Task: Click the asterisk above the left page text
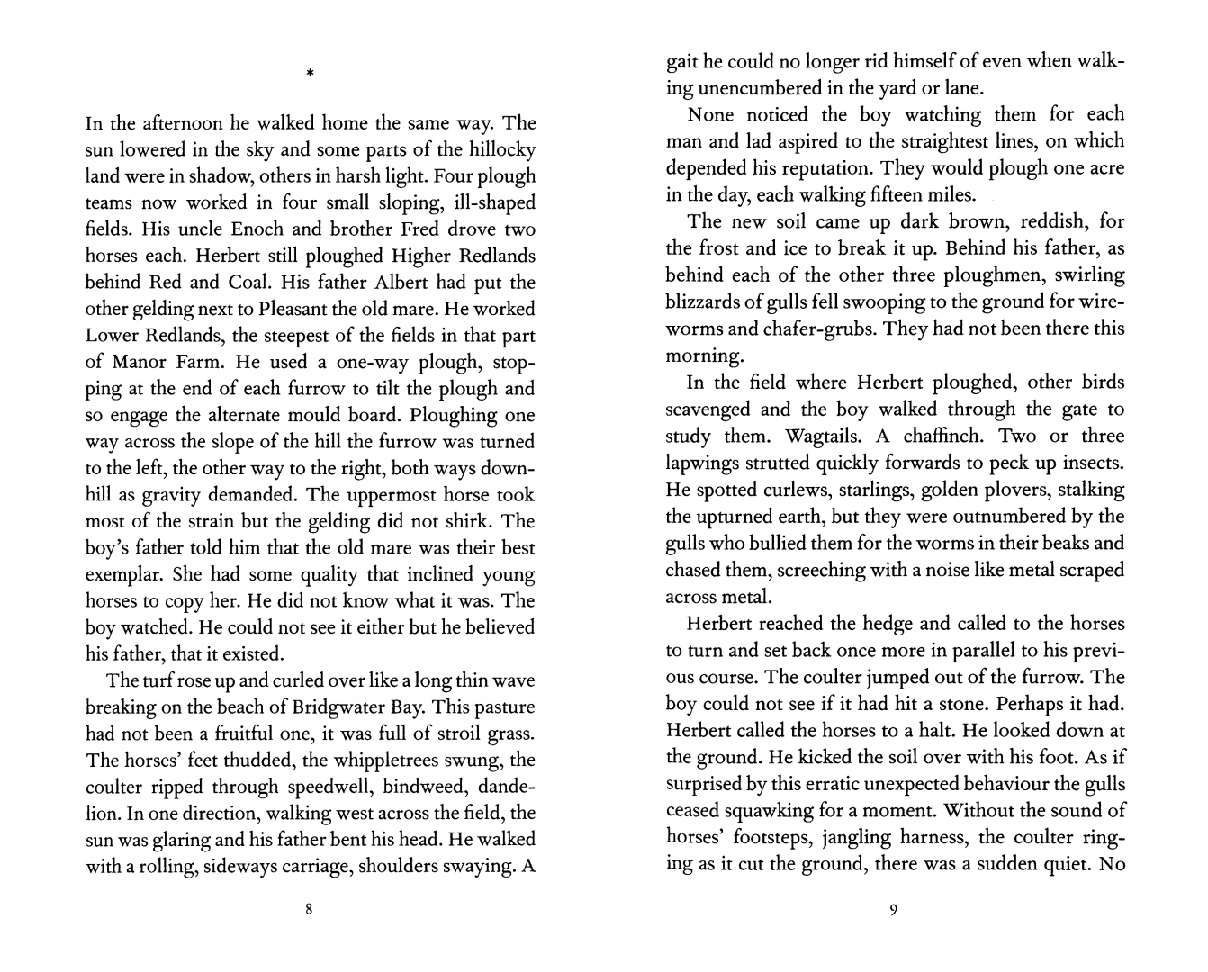click(309, 73)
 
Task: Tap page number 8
click(309, 909)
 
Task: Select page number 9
click(893, 909)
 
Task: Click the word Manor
click(141, 362)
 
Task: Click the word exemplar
click(122, 574)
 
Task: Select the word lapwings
click(703, 463)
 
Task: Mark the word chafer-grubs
click(816, 329)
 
